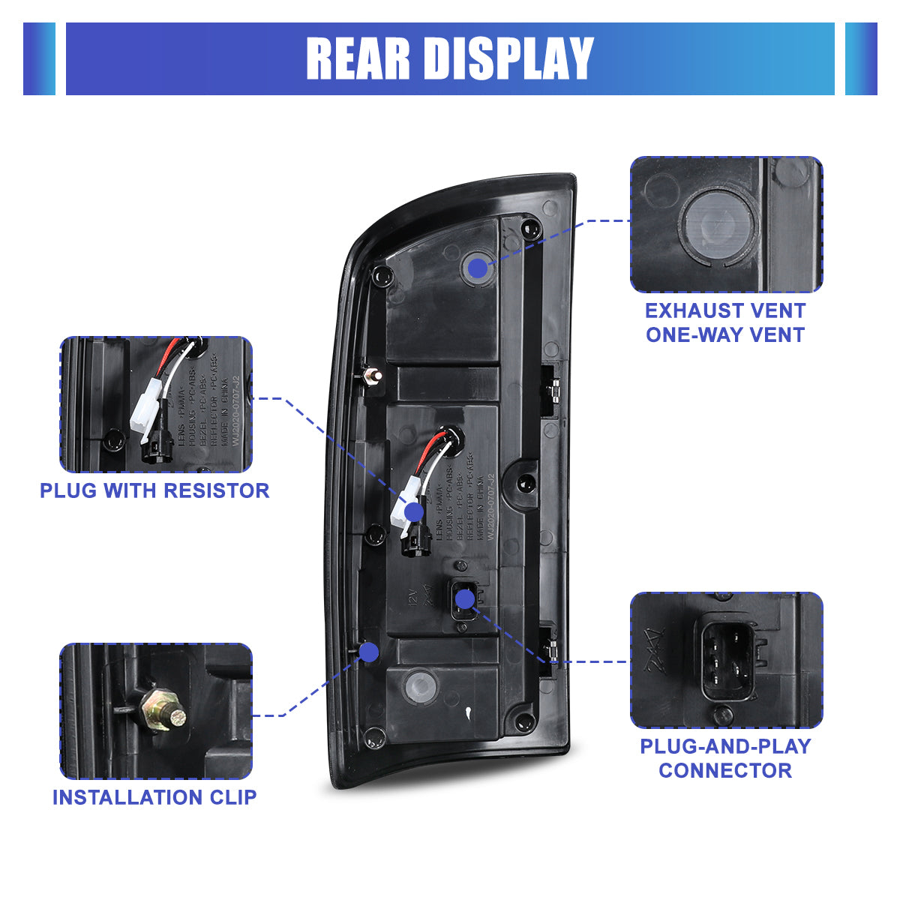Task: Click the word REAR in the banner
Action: pyautogui.click(x=358, y=58)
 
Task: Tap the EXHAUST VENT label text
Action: pyautogui.click(x=725, y=310)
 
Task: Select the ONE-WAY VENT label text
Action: pyautogui.click(x=725, y=334)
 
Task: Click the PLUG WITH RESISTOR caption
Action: pyautogui.click(x=154, y=490)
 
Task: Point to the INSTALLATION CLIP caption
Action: pyautogui.click(x=154, y=797)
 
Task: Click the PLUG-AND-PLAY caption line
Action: pyautogui.click(x=725, y=746)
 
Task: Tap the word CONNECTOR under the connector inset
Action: pyautogui.click(x=725, y=770)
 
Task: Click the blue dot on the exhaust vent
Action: pyautogui.click(x=477, y=266)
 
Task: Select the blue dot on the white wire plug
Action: pyautogui.click(x=413, y=512)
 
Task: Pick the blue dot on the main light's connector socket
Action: pyautogui.click(x=465, y=598)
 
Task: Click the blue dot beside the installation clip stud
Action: pyautogui.click(x=368, y=652)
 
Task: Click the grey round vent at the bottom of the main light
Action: pyautogui.click(x=419, y=685)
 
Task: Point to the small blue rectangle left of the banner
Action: pyautogui.click(x=39, y=58)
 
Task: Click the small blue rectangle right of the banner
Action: pyautogui.click(x=861, y=58)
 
